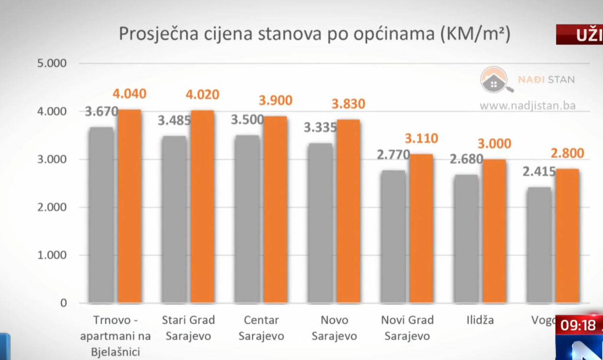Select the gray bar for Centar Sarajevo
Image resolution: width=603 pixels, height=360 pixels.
[247, 219]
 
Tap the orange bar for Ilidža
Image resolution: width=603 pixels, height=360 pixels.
[494, 231]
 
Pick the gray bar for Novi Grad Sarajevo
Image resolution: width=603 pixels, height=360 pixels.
[393, 236]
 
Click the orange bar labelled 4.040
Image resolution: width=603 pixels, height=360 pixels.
[129, 206]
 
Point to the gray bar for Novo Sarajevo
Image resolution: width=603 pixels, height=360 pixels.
[320, 223]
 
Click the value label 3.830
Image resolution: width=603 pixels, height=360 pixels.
[348, 104]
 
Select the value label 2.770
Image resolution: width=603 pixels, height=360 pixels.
[393, 155]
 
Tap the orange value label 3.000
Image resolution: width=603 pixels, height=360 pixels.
[494, 144]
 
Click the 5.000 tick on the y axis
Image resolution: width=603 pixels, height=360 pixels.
[52, 63]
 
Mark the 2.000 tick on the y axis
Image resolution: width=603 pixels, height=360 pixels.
[52, 207]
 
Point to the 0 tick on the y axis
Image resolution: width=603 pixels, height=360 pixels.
[63, 303]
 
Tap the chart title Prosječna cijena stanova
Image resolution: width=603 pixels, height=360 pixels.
[314, 35]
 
